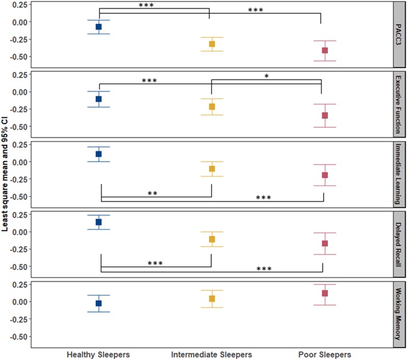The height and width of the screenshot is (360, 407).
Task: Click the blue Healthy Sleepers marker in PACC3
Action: tap(99, 26)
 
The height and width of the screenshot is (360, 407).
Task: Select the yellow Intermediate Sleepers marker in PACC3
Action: tap(212, 44)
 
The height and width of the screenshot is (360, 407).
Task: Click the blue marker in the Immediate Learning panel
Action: tap(99, 154)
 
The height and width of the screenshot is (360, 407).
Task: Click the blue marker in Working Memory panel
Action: tap(99, 303)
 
